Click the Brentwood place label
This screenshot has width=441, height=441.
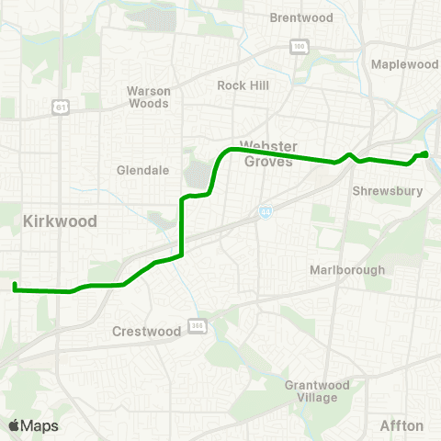(300, 17)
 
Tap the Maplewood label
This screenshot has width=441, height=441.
(405, 64)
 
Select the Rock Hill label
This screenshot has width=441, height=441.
(242, 85)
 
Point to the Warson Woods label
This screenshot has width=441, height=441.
(148, 96)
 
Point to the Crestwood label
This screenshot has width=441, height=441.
(146, 331)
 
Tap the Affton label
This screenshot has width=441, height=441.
(401, 425)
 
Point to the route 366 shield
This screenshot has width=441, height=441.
(198, 324)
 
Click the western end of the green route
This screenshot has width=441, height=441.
(15, 287)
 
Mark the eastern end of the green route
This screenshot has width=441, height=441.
(426, 153)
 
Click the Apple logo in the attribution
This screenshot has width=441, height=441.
(14, 425)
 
